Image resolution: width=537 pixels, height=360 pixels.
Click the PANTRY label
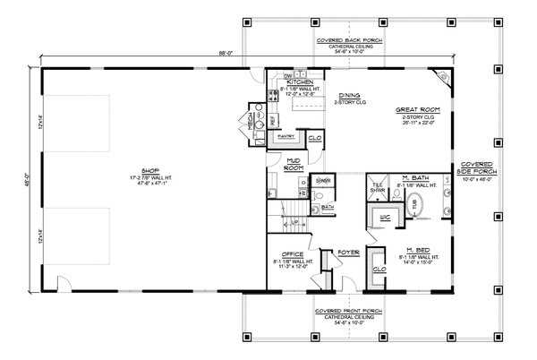[x=286, y=137]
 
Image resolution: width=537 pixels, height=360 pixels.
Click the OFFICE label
[x=293, y=253]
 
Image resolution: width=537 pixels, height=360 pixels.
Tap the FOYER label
[x=348, y=253]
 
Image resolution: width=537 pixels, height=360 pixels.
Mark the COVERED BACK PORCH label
[x=338, y=41]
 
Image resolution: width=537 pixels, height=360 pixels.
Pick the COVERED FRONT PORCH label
[x=338, y=312]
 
